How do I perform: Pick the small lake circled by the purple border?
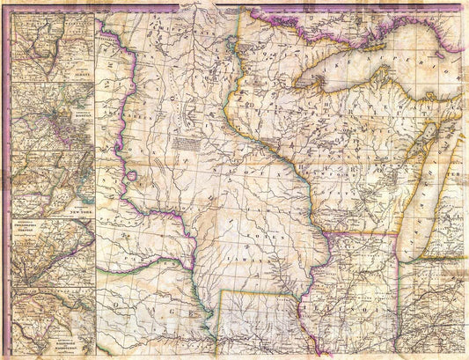[131, 175]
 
